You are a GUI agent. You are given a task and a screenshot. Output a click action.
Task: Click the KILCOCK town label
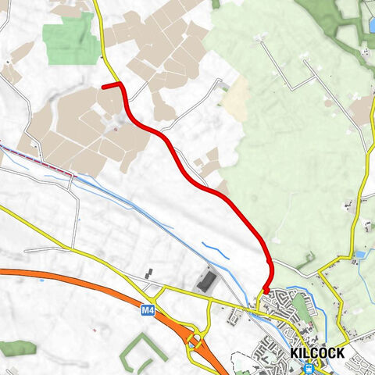[317, 353]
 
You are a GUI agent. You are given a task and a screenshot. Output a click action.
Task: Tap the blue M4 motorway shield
[148, 310]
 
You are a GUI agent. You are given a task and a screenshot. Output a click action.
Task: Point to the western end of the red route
[105, 86]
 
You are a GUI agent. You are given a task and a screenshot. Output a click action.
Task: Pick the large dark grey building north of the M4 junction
[207, 281]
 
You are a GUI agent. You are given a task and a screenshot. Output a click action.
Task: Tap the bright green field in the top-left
[67, 41]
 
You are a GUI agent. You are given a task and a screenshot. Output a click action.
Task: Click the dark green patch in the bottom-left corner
[16, 347]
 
